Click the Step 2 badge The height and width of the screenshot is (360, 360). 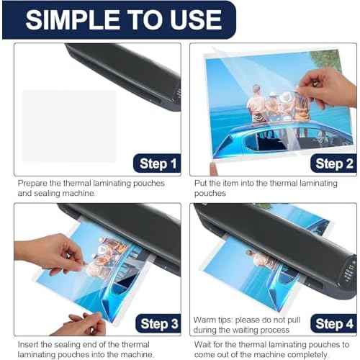332,164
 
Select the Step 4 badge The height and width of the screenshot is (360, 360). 332,323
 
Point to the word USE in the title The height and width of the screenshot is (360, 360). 192,19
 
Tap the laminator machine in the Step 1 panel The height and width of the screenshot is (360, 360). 130,72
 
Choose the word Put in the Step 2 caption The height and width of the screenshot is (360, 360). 202,184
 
